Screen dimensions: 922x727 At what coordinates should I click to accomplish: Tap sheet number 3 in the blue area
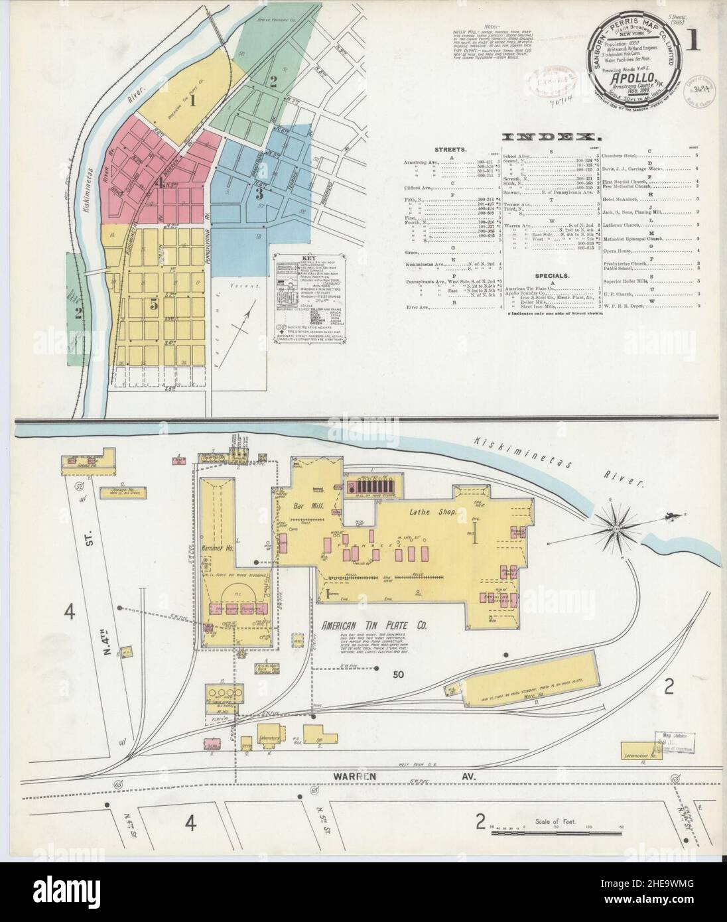tap(260, 194)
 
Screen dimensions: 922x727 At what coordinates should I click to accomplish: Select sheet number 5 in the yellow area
tap(153, 304)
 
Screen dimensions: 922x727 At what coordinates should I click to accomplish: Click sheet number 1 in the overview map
tap(192, 101)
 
